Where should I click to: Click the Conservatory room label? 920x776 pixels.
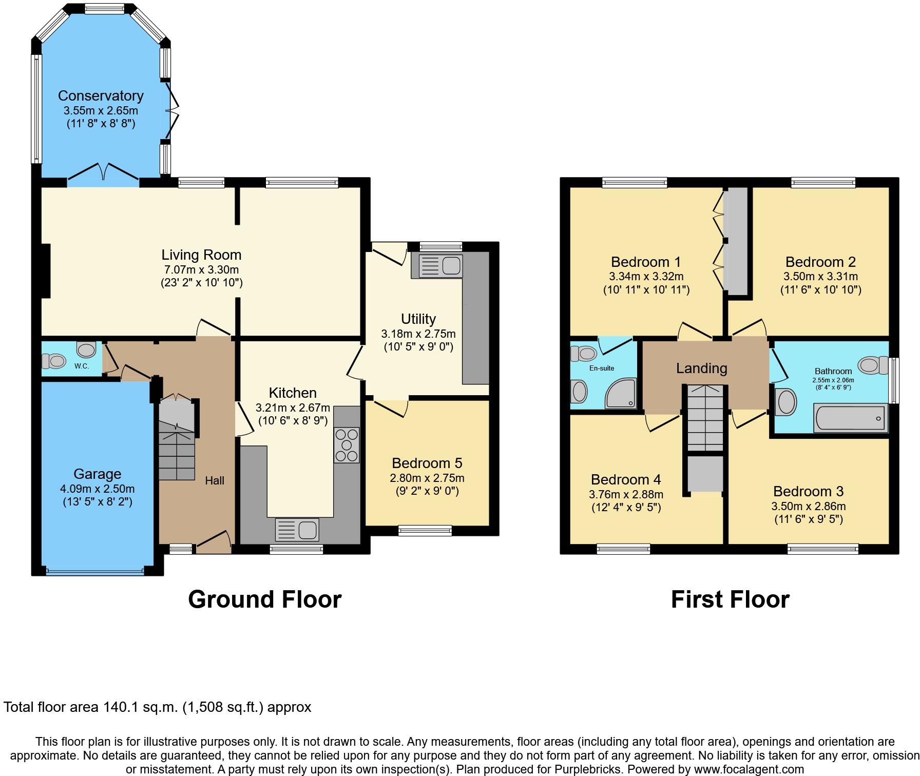101,96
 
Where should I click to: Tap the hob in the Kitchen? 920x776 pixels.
347,445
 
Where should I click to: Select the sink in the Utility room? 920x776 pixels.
440,266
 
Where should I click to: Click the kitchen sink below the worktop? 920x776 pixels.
296,530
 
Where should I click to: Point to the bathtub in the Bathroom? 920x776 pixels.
850,418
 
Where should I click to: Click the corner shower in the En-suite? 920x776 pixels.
621,394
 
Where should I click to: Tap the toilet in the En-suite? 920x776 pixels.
583,353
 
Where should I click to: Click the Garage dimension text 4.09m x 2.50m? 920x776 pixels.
97,489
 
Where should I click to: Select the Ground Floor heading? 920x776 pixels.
264,599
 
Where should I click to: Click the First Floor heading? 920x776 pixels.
730,599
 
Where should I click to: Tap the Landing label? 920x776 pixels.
701,368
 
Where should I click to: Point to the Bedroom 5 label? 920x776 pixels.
427,463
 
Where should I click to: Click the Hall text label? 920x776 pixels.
215,481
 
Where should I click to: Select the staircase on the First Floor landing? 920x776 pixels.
705,417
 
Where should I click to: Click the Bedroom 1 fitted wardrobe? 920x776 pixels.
735,241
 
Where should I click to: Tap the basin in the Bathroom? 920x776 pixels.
786,402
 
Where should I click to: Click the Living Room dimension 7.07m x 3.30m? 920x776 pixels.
201,269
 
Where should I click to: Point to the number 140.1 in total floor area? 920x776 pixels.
119,707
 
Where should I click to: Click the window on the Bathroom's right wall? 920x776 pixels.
894,380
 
